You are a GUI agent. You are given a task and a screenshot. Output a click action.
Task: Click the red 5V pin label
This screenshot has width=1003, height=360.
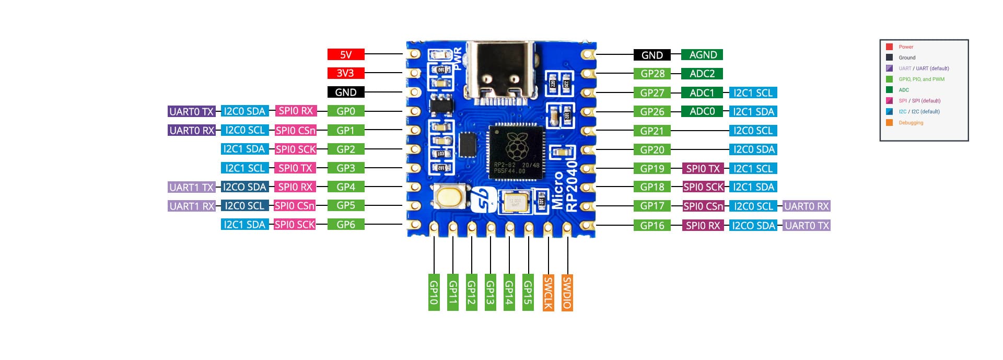(x=346, y=54)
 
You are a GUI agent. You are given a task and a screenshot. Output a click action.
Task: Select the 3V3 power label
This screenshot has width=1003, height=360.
(x=345, y=73)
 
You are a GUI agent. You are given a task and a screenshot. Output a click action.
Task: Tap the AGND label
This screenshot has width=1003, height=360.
(x=703, y=55)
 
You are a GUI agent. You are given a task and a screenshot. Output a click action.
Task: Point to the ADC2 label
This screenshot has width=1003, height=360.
(x=702, y=74)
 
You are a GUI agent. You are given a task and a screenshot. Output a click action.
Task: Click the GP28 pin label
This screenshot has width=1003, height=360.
(x=652, y=74)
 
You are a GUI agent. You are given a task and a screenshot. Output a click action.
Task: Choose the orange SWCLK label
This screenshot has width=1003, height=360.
(x=548, y=292)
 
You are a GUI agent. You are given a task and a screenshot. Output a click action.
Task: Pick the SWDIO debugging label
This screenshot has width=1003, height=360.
(x=567, y=292)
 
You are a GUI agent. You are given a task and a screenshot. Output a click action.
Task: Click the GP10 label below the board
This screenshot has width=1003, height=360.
(x=434, y=292)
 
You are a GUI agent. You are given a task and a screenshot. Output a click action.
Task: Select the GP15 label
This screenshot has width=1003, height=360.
(x=528, y=292)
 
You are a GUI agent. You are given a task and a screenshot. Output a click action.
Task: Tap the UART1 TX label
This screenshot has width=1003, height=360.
(x=192, y=187)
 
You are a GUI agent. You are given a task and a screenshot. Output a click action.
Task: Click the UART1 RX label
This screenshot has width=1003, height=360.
(x=192, y=206)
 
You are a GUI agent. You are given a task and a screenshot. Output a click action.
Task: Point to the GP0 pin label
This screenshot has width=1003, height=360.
(x=346, y=111)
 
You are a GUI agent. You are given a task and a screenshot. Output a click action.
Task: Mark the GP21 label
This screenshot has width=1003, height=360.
(x=652, y=131)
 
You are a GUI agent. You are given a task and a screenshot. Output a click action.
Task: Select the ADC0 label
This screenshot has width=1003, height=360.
(x=702, y=111)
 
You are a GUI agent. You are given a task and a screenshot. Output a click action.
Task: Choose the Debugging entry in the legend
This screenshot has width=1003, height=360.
(x=911, y=123)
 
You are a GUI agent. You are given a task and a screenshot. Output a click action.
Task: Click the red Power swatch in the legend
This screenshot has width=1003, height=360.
(x=889, y=47)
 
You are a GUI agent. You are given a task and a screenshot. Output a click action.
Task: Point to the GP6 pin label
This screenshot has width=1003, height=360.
(x=346, y=225)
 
